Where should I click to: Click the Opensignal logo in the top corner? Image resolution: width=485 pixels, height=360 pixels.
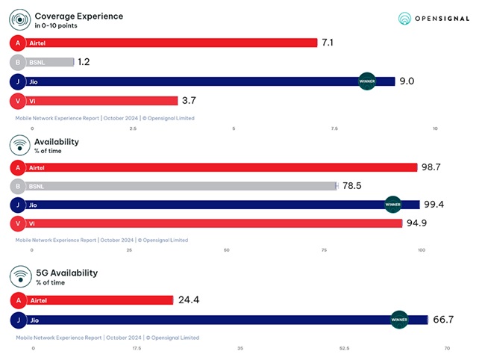pyautogui.click(x=433, y=18)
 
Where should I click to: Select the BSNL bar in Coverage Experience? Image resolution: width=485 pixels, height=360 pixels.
pyautogui.click(x=51, y=62)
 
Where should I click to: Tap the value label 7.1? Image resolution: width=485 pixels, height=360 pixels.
pyautogui.click(x=327, y=43)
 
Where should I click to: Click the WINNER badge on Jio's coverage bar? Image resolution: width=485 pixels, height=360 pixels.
pyautogui.click(x=367, y=81)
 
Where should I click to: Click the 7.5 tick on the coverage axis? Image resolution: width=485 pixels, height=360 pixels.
pyautogui.click(x=334, y=128)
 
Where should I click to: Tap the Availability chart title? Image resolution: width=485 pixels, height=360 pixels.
pyautogui.click(x=57, y=141)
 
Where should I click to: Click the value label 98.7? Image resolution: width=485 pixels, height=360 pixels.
pyautogui.click(x=431, y=167)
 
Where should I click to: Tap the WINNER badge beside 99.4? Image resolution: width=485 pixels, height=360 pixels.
pyautogui.click(x=392, y=204)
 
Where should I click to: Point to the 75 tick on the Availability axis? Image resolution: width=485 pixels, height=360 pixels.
pyautogui.click(x=324, y=251)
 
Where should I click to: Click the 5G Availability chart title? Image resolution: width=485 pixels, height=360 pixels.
pyautogui.click(x=66, y=273)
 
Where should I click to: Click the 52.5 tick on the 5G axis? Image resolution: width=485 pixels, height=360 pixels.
pyautogui.click(x=344, y=348)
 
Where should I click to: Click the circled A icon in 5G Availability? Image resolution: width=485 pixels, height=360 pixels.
pyautogui.click(x=16, y=300)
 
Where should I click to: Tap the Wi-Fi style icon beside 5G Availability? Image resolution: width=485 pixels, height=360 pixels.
pyautogui.click(x=20, y=277)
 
